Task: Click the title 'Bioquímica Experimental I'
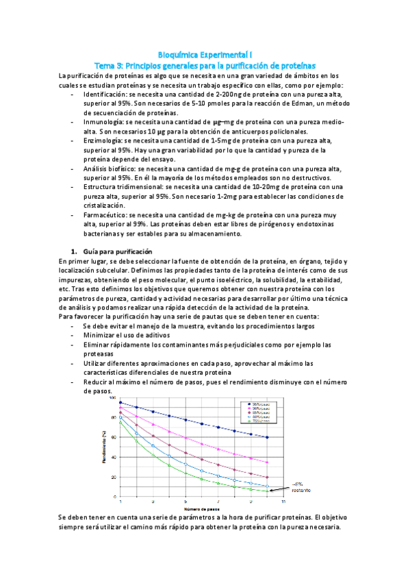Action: [x=205, y=53]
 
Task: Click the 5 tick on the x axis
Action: [x=185, y=502]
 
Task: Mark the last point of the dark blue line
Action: [x=267, y=437]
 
